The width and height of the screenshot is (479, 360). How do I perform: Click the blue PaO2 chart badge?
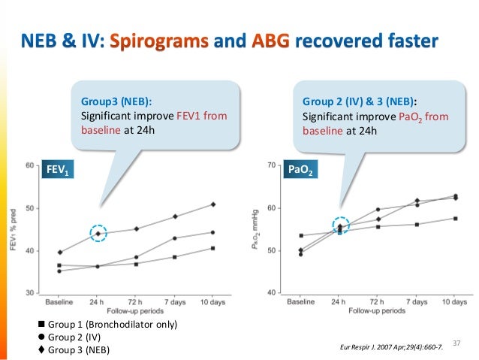point(301,171)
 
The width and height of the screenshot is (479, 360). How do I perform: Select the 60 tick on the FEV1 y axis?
point(29,165)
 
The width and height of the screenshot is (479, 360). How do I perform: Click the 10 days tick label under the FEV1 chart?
point(213,301)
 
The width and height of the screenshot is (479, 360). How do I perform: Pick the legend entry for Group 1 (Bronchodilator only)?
point(107,325)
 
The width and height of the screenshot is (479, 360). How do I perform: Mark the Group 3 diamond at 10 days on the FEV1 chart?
point(213,204)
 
